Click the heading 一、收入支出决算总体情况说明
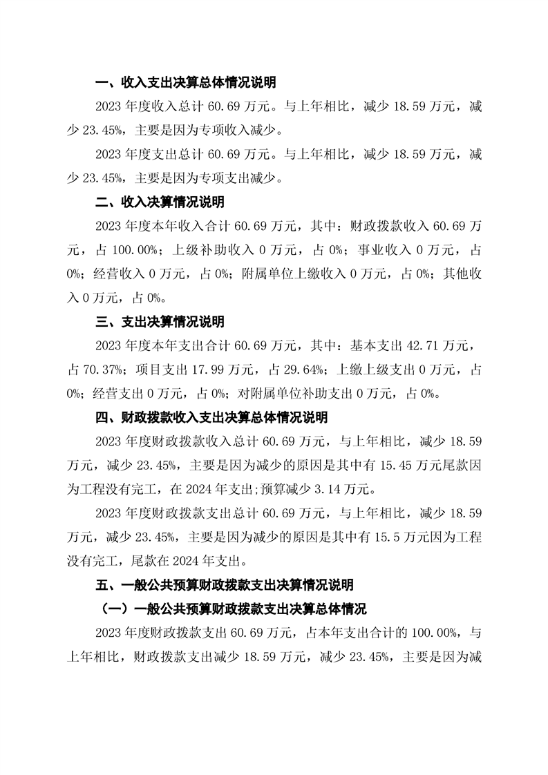click(x=185, y=83)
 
